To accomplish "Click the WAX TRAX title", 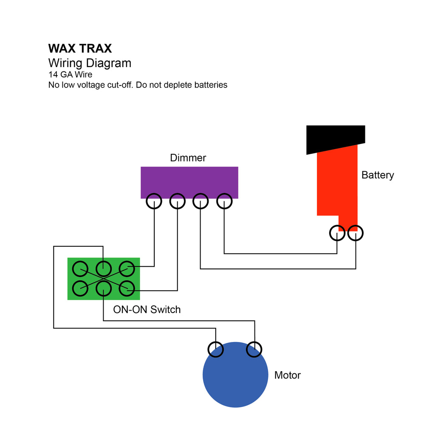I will (x=80, y=48).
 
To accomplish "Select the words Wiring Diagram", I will (x=90, y=63).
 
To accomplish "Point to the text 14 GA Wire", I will (x=70, y=75).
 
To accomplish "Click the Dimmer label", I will (x=188, y=158).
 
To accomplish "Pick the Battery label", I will (x=377, y=175).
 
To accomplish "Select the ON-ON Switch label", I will (x=147, y=310).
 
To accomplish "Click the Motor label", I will (x=287, y=375).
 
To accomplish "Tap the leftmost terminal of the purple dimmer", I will (x=154, y=202).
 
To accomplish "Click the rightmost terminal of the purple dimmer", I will (x=224, y=202).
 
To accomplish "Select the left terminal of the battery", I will (x=337, y=233).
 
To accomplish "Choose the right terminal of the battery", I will (x=356, y=233).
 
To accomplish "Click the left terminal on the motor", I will (x=216, y=350).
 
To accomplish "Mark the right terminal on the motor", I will (x=254, y=350).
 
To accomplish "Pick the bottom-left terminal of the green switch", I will (x=80, y=289).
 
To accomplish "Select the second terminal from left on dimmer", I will (x=178, y=202).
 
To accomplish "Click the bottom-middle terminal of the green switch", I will (x=103, y=289).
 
